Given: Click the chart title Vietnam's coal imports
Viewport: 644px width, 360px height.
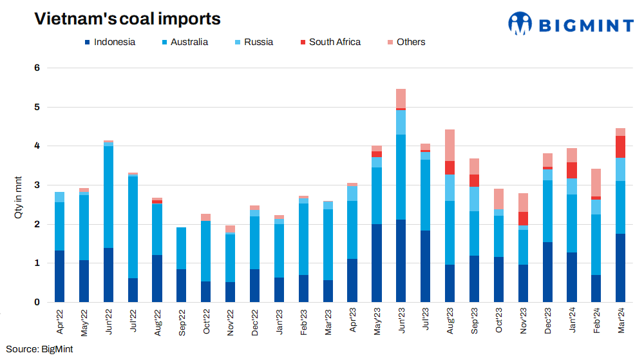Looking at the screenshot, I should [x=128, y=19].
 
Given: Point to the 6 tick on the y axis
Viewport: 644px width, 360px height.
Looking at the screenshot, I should [x=37, y=68].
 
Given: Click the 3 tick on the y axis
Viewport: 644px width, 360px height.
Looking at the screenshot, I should [x=37, y=185].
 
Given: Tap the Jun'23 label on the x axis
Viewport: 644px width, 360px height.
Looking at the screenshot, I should [x=401, y=321].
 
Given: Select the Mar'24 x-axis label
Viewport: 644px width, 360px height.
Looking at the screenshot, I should [x=621, y=321].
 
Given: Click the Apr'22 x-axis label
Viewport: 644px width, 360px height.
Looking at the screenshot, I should [x=60, y=321].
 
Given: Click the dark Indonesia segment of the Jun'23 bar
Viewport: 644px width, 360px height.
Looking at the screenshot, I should [x=401, y=261].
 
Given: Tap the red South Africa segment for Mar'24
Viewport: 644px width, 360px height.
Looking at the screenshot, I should [x=621, y=147].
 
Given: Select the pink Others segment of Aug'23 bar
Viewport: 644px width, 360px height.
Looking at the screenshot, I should [x=450, y=146].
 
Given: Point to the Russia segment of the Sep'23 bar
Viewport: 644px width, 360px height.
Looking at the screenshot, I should [x=474, y=199].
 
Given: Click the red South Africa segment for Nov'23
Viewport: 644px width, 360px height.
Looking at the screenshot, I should [x=523, y=218].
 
